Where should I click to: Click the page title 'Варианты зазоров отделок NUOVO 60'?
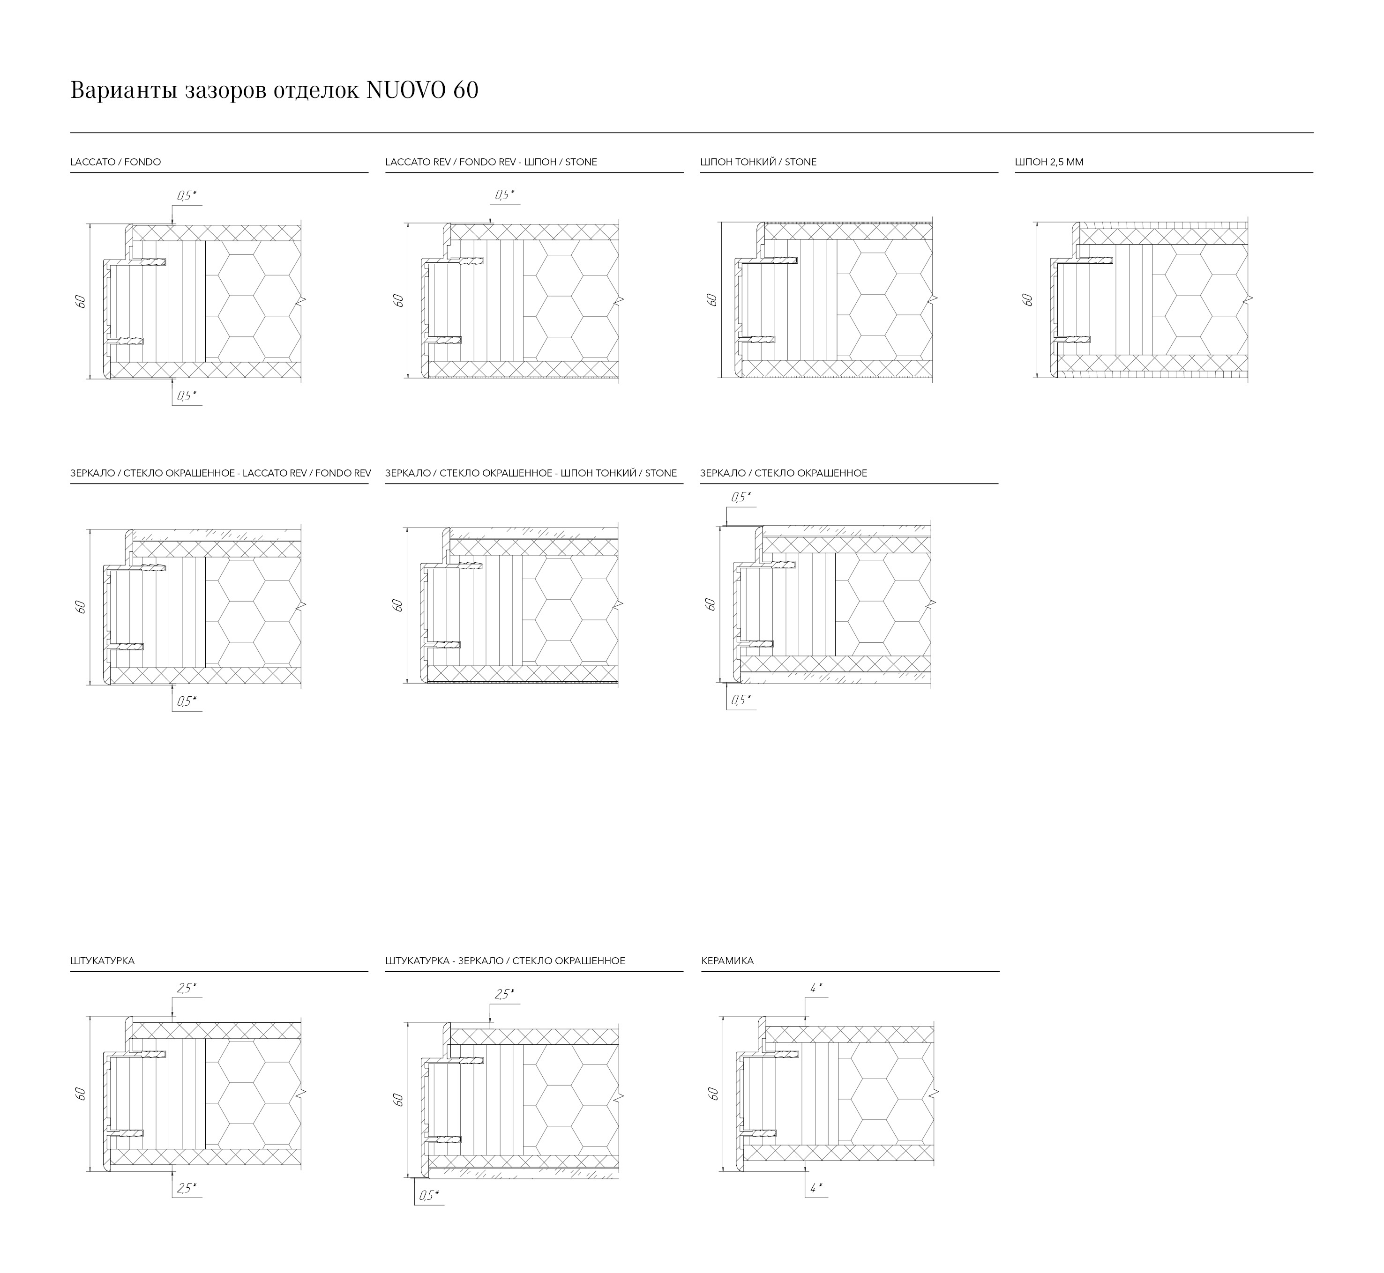pos(274,90)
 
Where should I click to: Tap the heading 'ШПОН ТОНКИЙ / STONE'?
pos(758,163)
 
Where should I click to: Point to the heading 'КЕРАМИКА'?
pos(727,961)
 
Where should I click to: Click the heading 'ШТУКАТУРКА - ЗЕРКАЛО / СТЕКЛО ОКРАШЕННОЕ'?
pos(505,961)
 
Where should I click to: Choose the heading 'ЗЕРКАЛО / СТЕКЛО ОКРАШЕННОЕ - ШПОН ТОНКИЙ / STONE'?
pos(531,473)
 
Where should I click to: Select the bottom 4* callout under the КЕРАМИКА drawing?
pos(815,1188)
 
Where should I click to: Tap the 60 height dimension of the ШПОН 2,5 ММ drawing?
pos(1027,300)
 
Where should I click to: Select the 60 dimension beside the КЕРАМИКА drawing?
pos(713,1093)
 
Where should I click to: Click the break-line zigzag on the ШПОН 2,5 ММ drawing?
pos(1249,299)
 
